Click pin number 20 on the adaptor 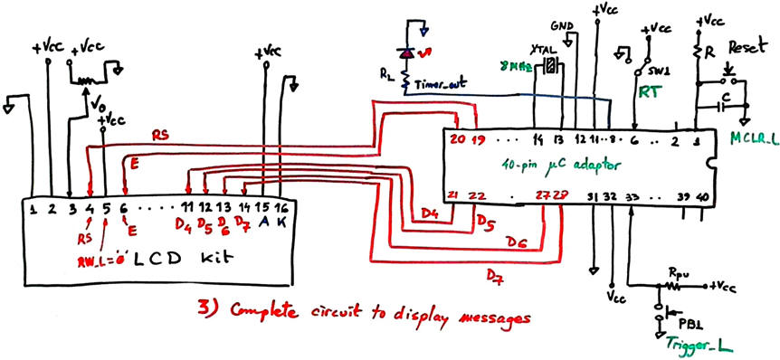[x=457, y=140]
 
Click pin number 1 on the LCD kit [x=33, y=211]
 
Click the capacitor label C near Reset [x=728, y=94]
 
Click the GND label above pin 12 [x=560, y=24]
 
